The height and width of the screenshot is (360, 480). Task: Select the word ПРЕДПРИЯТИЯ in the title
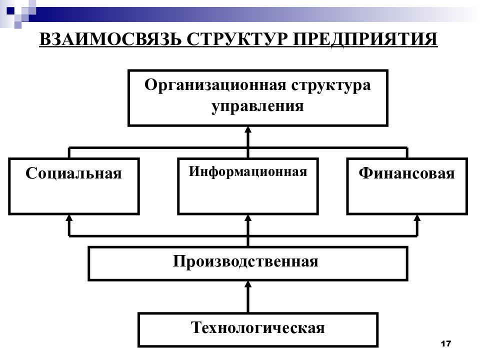[365, 39]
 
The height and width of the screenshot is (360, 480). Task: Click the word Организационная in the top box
[215, 85]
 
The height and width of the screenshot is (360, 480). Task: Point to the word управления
[257, 106]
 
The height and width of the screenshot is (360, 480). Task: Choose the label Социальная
[74, 173]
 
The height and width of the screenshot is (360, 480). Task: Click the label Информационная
[248, 171]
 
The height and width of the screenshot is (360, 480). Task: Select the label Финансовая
[407, 173]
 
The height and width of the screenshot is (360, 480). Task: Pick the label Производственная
[245, 261]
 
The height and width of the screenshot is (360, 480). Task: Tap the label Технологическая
[258, 327]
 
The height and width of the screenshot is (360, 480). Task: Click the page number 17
[446, 343]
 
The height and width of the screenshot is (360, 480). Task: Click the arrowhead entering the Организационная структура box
[248, 129]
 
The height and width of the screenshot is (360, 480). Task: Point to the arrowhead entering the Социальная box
[69, 217]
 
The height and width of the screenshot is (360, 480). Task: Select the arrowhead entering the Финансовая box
[417, 217]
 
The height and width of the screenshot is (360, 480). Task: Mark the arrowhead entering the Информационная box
[248, 217]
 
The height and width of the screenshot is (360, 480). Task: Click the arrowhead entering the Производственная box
[248, 284]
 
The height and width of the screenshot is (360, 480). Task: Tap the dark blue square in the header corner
[10, 10]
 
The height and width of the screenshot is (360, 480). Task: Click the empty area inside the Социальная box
[74, 197]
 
